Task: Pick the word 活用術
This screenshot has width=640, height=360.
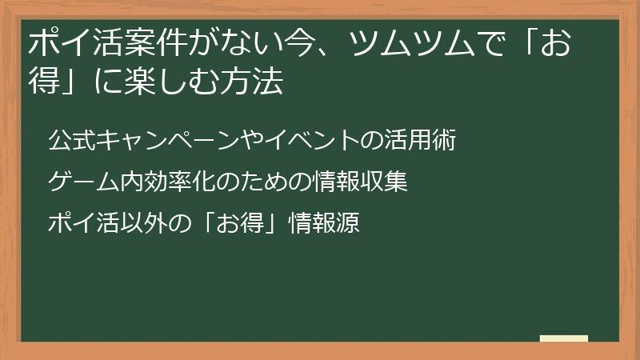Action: (424, 141)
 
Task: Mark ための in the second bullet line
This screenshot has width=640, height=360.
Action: (257, 182)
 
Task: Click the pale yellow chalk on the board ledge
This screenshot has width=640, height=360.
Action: (565, 338)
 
